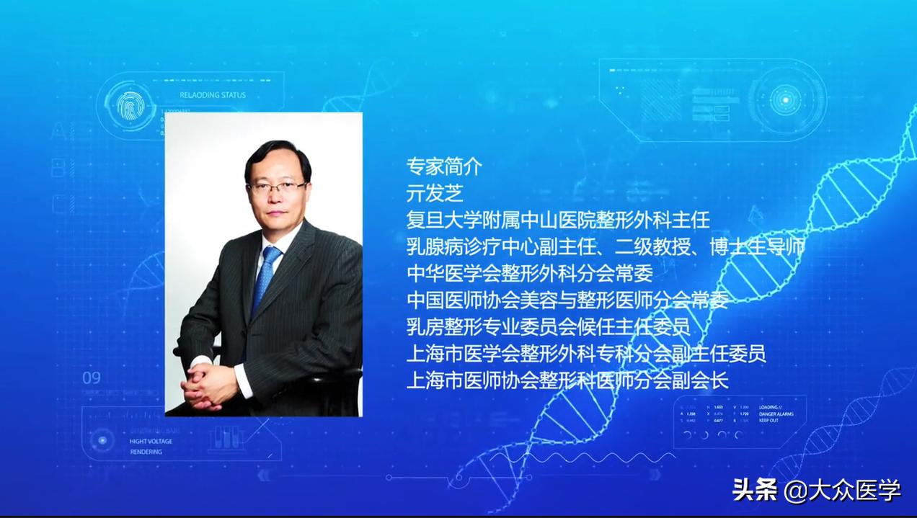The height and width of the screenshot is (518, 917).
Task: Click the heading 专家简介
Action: click(x=443, y=166)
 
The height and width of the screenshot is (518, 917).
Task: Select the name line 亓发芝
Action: click(x=435, y=193)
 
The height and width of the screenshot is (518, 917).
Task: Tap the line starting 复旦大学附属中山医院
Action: click(x=558, y=220)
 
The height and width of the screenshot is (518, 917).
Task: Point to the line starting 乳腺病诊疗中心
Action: click(x=606, y=246)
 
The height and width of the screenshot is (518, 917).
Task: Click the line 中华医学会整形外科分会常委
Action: click(x=530, y=273)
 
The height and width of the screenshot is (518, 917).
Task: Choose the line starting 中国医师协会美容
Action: click(x=567, y=300)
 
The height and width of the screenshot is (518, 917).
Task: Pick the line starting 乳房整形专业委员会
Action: click(x=549, y=326)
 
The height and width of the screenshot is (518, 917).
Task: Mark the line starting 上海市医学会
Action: click(x=586, y=353)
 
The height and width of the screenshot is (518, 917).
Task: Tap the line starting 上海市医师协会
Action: click(x=567, y=380)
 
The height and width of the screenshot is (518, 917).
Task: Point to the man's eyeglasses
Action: click(x=277, y=188)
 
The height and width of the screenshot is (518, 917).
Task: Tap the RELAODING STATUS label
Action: click(x=213, y=95)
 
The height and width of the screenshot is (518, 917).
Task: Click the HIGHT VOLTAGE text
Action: click(x=151, y=441)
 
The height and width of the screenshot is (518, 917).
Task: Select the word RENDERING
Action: click(x=146, y=452)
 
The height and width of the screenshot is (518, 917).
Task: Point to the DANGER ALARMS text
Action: click(x=776, y=414)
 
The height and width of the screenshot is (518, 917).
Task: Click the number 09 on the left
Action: click(x=92, y=378)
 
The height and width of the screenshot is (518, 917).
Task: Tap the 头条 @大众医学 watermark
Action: click(x=817, y=491)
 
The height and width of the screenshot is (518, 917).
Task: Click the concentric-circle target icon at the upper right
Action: click(x=783, y=99)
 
